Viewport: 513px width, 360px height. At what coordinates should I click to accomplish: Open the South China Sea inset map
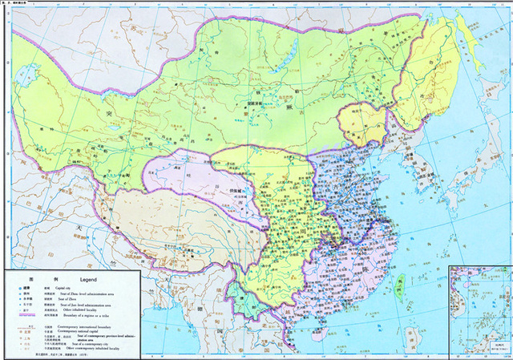coord(479,309)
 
